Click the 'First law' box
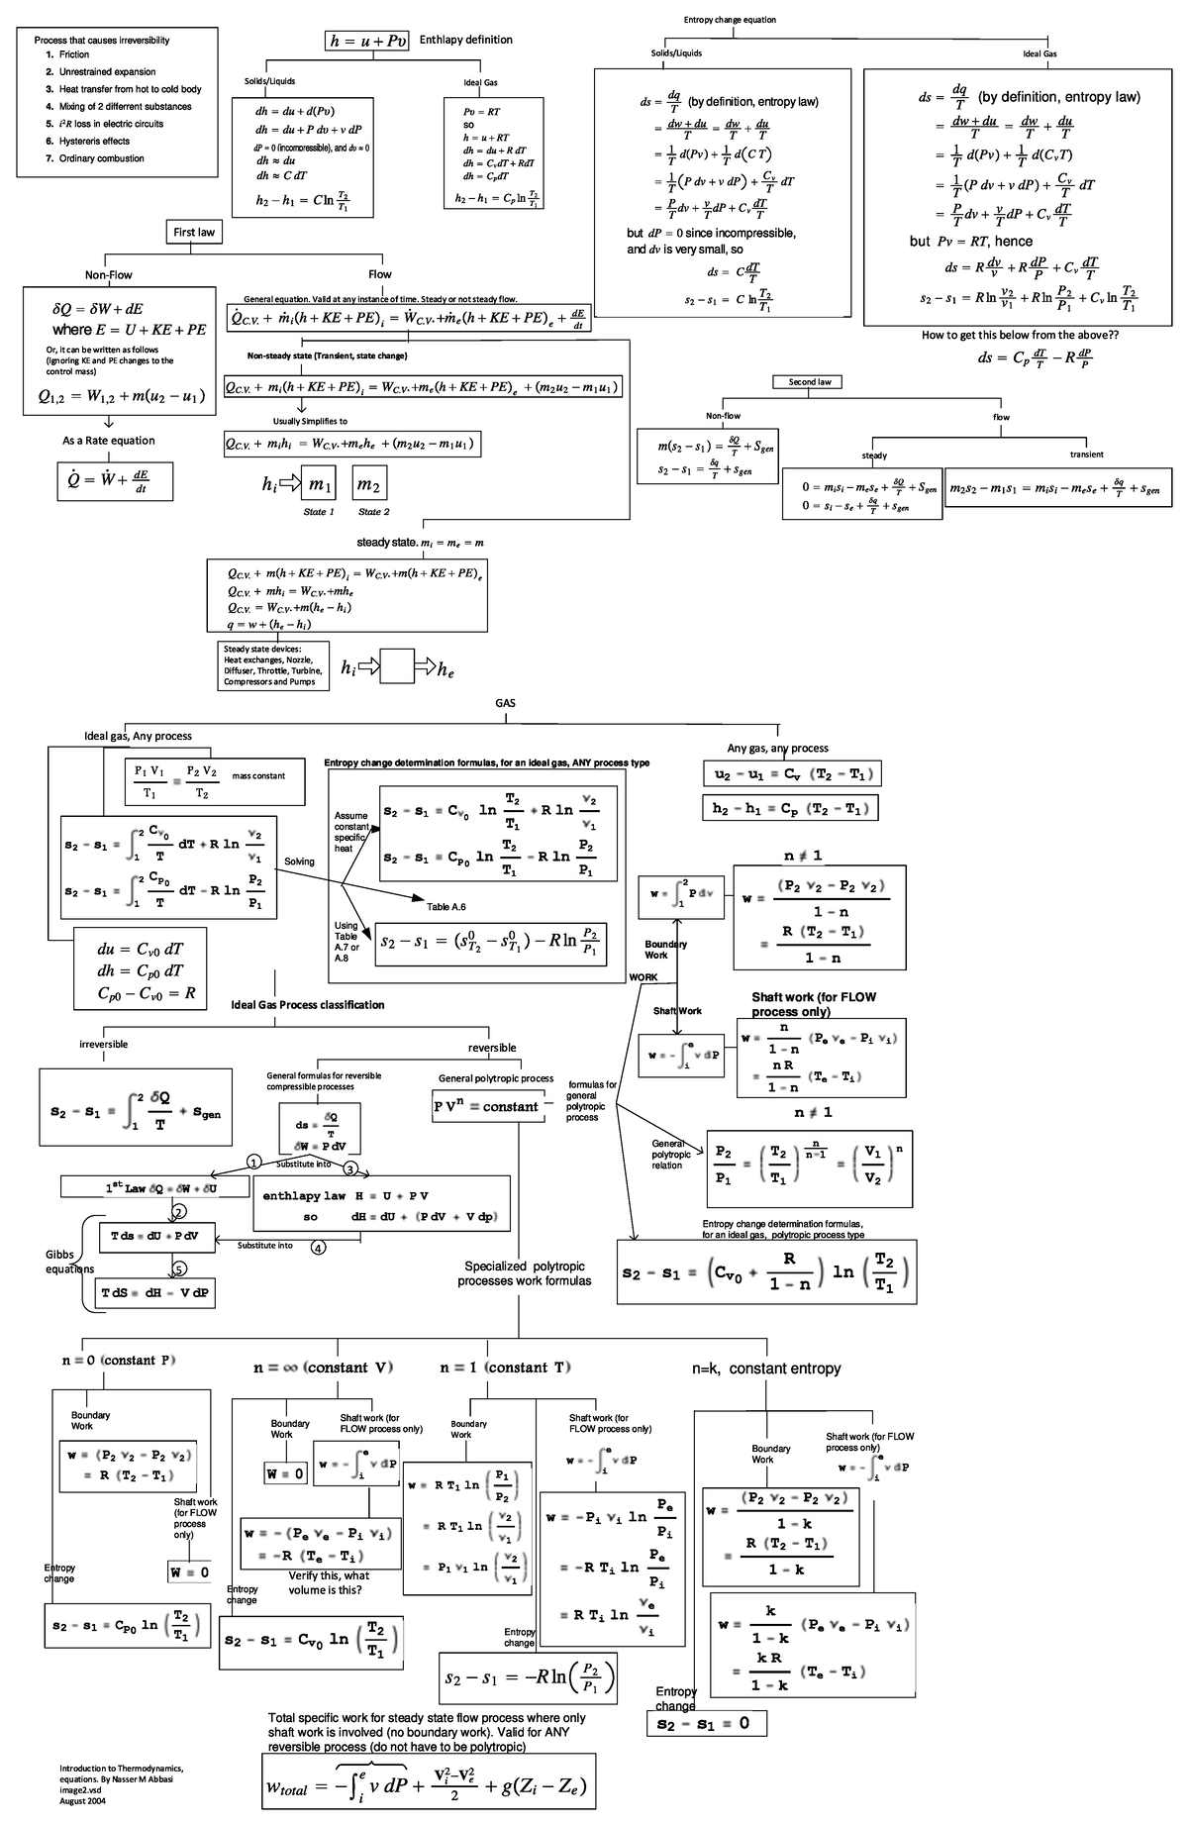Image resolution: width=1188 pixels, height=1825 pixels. pyautogui.click(x=194, y=232)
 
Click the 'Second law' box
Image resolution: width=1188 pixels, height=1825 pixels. pyautogui.click(x=809, y=382)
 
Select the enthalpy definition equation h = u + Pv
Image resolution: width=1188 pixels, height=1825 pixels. pyautogui.click(x=366, y=41)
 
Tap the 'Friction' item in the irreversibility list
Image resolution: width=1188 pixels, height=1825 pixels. pyautogui.click(x=74, y=55)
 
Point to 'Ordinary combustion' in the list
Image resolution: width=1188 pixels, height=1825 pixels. pyautogui.click(x=101, y=158)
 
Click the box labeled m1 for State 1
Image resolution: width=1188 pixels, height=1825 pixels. pyautogui.click(x=320, y=484)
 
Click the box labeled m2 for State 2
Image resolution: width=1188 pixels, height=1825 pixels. pyautogui.click(x=369, y=484)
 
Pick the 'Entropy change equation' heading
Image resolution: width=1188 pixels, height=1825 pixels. pyautogui.click(x=730, y=20)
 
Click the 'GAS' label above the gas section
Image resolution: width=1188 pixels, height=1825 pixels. pyautogui.click(x=506, y=703)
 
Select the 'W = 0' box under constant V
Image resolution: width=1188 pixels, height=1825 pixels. pyautogui.click(x=285, y=1473)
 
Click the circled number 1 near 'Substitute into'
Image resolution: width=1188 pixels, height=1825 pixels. pyautogui.click(x=253, y=1162)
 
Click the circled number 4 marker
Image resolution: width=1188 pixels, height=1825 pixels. pyautogui.click(x=318, y=1247)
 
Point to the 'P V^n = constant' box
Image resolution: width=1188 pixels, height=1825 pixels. pyautogui.click(x=486, y=1107)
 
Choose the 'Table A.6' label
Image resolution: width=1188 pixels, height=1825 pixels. pyautogui.click(x=446, y=907)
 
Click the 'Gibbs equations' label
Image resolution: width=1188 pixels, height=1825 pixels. pyautogui.click(x=69, y=1262)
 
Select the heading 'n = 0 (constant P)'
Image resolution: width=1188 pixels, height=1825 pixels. pyautogui.click(x=118, y=1360)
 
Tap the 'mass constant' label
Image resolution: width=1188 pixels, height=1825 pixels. pyautogui.click(x=258, y=776)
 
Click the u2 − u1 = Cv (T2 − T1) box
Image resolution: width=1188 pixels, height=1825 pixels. pyautogui.click(x=791, y=774)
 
